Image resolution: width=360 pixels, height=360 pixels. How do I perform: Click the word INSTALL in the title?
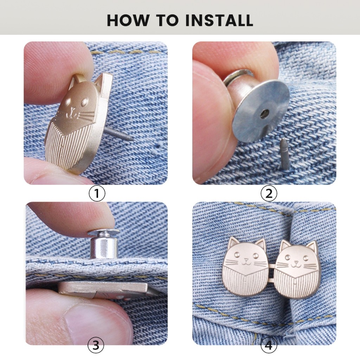coord(219,20)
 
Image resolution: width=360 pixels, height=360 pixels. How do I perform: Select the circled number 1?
coord(97,193)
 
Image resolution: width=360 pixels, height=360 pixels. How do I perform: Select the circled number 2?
coord(269,193)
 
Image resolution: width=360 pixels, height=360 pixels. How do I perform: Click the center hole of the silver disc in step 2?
coord(264,112)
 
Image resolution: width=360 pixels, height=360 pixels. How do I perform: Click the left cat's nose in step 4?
coord(246,260)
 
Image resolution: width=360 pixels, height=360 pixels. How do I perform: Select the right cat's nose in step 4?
coord(296,262)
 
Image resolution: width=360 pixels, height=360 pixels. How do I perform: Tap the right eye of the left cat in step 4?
coord(255,256)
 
